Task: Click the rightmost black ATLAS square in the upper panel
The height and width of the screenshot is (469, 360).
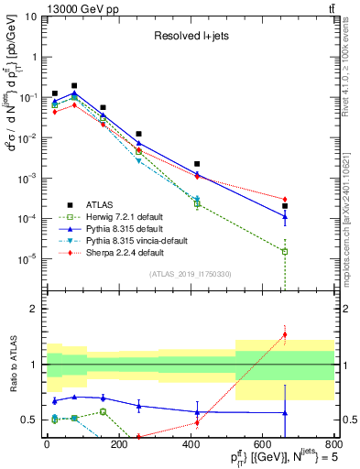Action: (x=286, y=206)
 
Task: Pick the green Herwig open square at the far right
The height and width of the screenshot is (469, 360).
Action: (x=286, y=251)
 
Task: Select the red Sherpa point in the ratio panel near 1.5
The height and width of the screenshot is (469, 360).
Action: (x=286, y=334)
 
